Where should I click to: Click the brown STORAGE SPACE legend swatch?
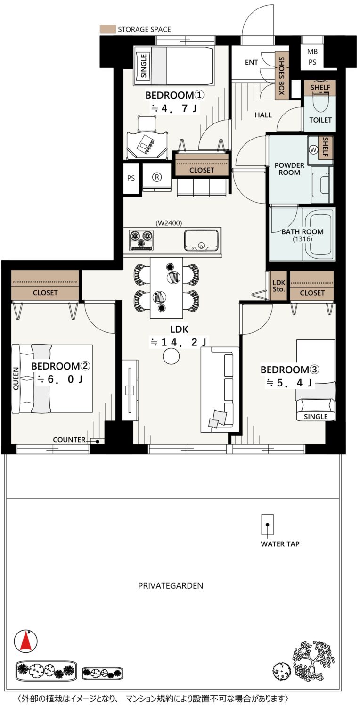click(107, 29)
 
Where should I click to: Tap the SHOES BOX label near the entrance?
click(281, 76)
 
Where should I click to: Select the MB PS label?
click(312, 57)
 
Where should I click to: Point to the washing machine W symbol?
click(313, 150)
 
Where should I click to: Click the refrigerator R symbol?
click(157, 177)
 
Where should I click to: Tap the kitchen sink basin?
click(201, 240)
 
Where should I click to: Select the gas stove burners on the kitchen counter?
click(141, 240)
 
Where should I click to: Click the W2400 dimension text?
click(169, 223)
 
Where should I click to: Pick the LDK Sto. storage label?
click(278, 286)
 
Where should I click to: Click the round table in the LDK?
click(172, 356)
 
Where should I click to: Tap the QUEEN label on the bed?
click(16, 378)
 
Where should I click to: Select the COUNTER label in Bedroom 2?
click(69, 440)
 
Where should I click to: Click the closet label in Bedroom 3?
click(312, 293)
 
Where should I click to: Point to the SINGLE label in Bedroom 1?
click(144, 66)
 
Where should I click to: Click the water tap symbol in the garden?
click(267, 525)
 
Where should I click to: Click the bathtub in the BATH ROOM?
click(319, 234)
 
